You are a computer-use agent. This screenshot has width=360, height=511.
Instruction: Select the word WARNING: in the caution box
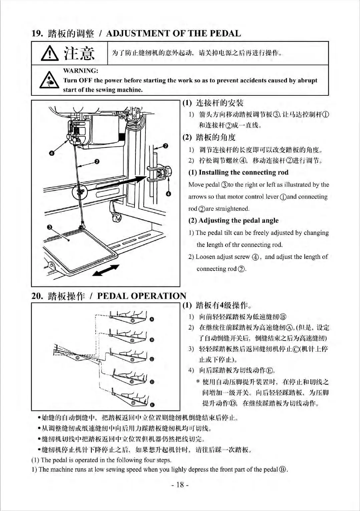80,71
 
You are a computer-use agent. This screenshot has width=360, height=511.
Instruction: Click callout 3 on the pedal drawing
50,227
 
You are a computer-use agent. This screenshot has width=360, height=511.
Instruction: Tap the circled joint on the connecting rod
79,192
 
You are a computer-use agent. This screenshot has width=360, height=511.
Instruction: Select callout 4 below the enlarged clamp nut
168,194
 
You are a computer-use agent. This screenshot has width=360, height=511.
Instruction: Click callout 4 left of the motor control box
51,153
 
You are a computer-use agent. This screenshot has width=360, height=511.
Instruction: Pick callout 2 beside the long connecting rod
97,162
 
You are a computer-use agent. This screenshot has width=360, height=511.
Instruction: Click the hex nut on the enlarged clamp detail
168,171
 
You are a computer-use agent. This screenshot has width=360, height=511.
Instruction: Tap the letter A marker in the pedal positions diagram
152,319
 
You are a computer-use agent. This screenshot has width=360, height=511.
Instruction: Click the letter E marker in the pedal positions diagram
152,405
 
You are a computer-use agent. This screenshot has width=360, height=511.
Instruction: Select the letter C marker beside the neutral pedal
152,359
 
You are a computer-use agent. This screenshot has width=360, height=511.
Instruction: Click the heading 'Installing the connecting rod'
239,172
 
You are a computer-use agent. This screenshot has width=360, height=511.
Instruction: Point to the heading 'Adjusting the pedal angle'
234,220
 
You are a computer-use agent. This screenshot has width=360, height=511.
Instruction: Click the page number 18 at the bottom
180,485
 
